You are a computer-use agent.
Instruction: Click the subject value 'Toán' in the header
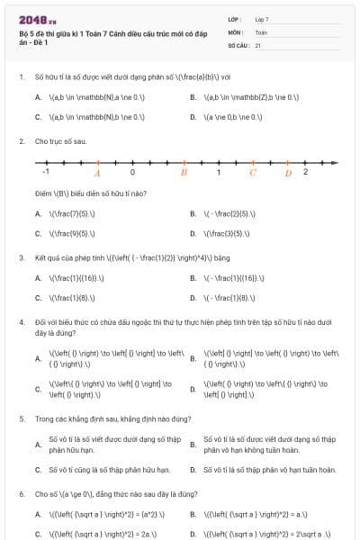[x=261, y=31]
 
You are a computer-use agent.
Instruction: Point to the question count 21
[x=258, y=43]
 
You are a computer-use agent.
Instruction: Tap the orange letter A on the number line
[x=97, y=173]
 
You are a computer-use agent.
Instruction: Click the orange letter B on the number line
[x=184, y=172]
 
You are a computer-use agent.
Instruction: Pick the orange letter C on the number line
[x=253, y=172]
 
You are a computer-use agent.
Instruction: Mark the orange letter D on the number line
[x=288, y=173]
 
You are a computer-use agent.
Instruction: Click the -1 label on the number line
[x=46, y=171]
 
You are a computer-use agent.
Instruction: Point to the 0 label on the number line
[x=132, y=171]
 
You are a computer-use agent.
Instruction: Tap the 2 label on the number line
[x=305, y=171]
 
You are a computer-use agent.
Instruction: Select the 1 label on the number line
[x=218, y=171]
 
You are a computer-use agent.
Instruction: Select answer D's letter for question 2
[x=193, y=233]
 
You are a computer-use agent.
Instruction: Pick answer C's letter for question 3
[x=38, y=297]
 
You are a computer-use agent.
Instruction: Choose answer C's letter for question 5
[x=38, y=470]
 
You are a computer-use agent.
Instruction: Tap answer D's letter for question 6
[x=193, y=534]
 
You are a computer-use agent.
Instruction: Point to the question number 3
[x=21, y=257]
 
